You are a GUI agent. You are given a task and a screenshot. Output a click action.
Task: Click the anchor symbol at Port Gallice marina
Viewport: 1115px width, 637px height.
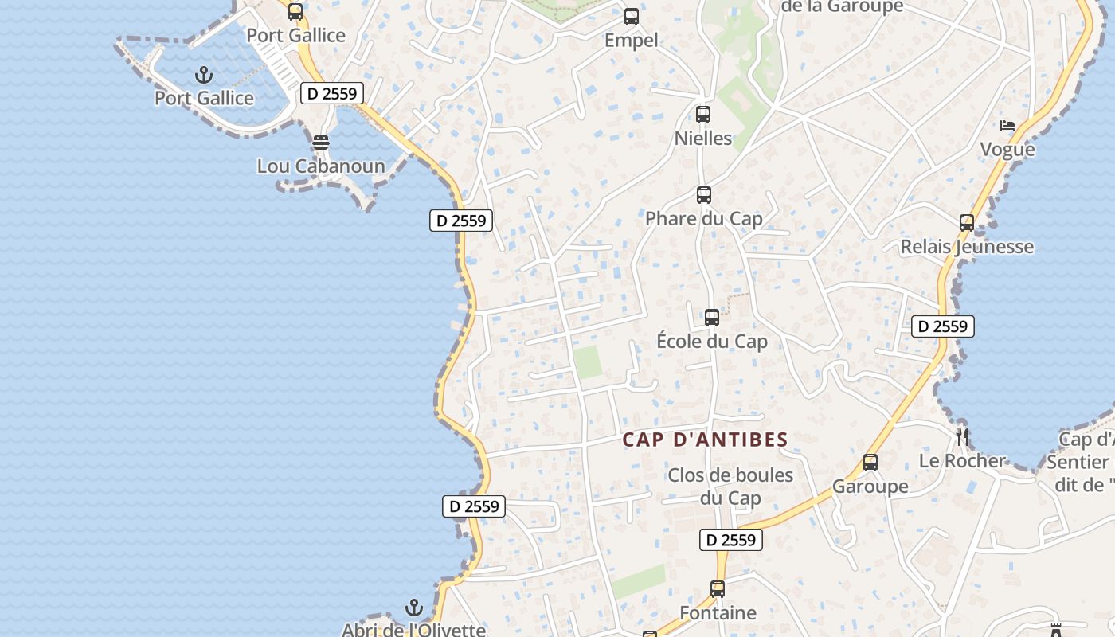click(x=205, y=76)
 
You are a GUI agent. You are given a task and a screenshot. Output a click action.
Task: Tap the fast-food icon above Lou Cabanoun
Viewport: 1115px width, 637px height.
click(x=321, y=143)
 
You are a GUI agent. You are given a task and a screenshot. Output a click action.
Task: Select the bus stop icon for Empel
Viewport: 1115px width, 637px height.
click(x=632, y=16)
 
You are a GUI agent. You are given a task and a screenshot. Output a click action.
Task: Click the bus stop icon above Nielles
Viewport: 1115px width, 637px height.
click(x=702, y=115)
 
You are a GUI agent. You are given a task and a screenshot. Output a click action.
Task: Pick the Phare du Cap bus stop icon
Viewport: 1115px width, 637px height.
click(x=704, y=195)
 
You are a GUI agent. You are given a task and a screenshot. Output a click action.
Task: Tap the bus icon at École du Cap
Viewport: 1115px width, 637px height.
click(x=712, y=318)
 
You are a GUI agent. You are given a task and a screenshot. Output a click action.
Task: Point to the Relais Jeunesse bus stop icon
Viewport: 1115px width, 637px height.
click(x=967, y=223)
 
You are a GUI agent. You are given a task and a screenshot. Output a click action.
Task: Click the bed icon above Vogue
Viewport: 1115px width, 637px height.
click(x=1007, y=126)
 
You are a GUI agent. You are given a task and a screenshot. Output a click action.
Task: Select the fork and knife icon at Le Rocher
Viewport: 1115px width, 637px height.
click(x=962, y=436)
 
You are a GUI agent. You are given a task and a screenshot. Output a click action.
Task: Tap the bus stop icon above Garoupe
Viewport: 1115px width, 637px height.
click(x=870, y=463)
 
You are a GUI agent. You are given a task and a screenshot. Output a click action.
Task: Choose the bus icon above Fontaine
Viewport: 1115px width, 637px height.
click(x=718, y=589)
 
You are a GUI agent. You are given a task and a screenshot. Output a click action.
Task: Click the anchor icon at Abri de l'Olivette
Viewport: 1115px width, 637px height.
click(x=413, y=608)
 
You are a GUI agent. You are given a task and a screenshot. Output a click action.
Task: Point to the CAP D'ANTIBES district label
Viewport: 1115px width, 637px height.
click(x=705, y=440)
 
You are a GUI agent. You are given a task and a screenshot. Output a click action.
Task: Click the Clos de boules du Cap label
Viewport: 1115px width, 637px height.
click(x=730, y=487)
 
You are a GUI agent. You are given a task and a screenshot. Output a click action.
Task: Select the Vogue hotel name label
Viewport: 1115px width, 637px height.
click(x=1007, y=150)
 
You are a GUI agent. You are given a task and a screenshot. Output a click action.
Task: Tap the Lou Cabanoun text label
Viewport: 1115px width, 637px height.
click(x=321, y=166)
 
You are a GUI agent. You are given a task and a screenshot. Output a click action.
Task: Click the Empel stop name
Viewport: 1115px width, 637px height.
click(x=632, y=40)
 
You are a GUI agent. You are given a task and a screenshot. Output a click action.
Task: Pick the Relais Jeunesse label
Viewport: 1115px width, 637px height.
click(x=967, y=247)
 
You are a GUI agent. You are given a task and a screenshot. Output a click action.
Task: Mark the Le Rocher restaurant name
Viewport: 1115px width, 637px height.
click(x=962, y=460)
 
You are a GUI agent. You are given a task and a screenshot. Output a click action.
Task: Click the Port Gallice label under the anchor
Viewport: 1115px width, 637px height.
click(x=205, y=99)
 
